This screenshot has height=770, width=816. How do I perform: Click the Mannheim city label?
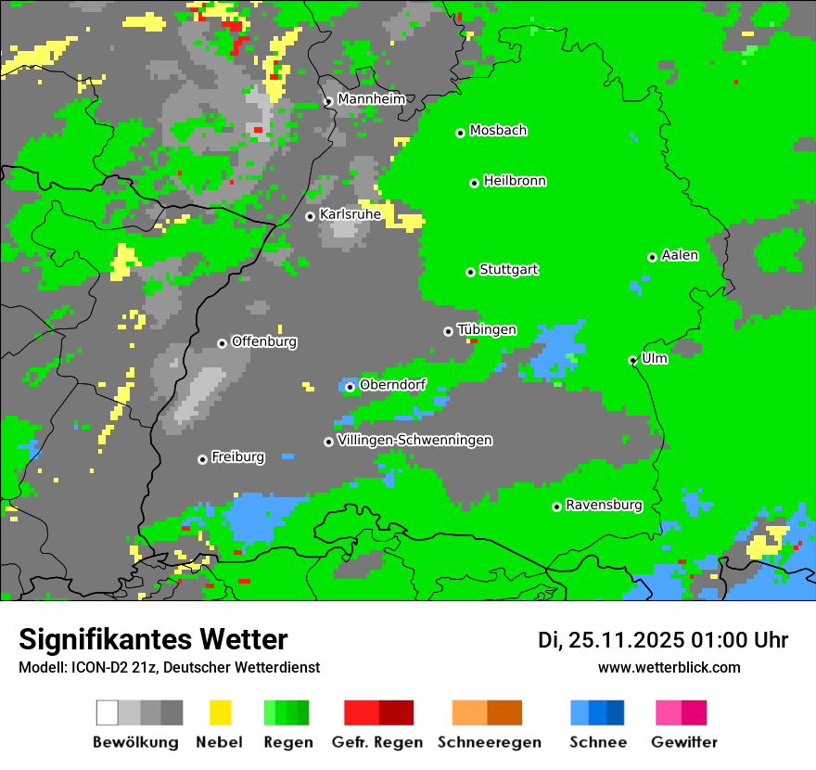(371, 99)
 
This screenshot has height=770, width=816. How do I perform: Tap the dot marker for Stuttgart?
(471, 272)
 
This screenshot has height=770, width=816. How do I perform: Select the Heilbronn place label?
(515, 181)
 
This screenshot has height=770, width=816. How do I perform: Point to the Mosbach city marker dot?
(460, 133)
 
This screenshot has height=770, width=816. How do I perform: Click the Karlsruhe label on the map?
(351, 214)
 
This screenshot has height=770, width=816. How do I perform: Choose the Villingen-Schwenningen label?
(414, 440)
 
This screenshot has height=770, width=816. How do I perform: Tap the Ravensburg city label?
(604, 506)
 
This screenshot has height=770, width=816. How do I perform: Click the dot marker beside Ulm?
(633, 360)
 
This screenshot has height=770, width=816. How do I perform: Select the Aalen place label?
(680, 255)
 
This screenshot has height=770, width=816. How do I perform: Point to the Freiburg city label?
(237, 457)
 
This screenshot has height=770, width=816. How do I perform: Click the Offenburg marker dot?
(222, 343)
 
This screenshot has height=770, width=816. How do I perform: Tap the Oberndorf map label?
(392, 385)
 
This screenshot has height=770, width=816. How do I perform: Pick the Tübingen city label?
(487, 329)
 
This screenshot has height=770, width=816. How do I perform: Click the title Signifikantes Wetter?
(153, 640)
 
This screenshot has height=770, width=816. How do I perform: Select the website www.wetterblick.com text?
(669, 668)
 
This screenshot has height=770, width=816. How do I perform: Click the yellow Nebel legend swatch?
(221, 712)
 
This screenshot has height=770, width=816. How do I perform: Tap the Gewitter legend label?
(684, 742)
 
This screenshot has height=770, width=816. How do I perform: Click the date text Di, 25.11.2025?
(610, 640)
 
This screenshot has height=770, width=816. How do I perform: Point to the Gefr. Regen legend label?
(377, 742)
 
